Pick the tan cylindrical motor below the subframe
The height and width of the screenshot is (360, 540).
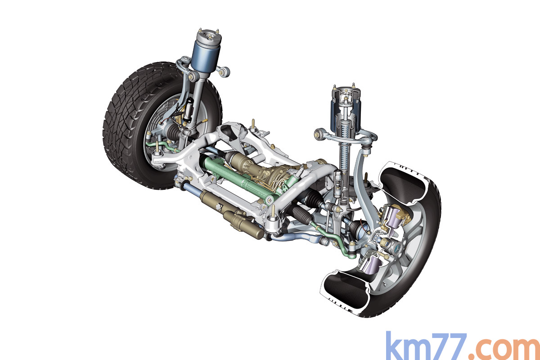click(231, 212)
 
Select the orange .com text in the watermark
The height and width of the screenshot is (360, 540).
click(504, 349)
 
